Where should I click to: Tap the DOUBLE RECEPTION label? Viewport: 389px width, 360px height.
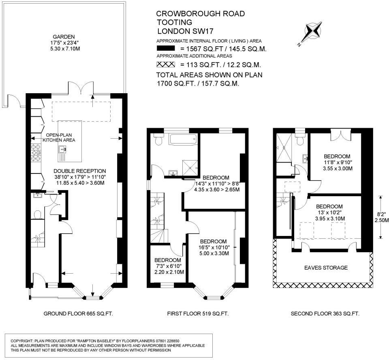point(79,171)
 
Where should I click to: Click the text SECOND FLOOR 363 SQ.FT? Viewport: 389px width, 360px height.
point(325,313)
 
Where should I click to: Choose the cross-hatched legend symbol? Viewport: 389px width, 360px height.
point(165,64)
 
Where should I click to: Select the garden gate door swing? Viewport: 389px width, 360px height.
point(14,99)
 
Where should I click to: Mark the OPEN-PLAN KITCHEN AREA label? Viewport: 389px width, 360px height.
point(61,137)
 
